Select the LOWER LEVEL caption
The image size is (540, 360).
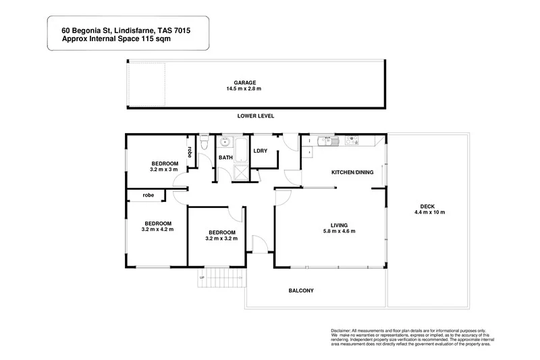click(255, 117)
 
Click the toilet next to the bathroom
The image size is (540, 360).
click(205, 142)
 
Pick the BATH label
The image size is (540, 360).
click(225, 158)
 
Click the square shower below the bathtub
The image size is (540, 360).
click(240, 172)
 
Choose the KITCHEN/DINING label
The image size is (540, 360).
click(352, 173)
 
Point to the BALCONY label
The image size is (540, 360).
click(301, 290)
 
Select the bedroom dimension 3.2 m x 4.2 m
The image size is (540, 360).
click(157, 230)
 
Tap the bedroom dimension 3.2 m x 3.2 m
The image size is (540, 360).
click(221, 238)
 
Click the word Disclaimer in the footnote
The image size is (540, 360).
click(344, 328)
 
